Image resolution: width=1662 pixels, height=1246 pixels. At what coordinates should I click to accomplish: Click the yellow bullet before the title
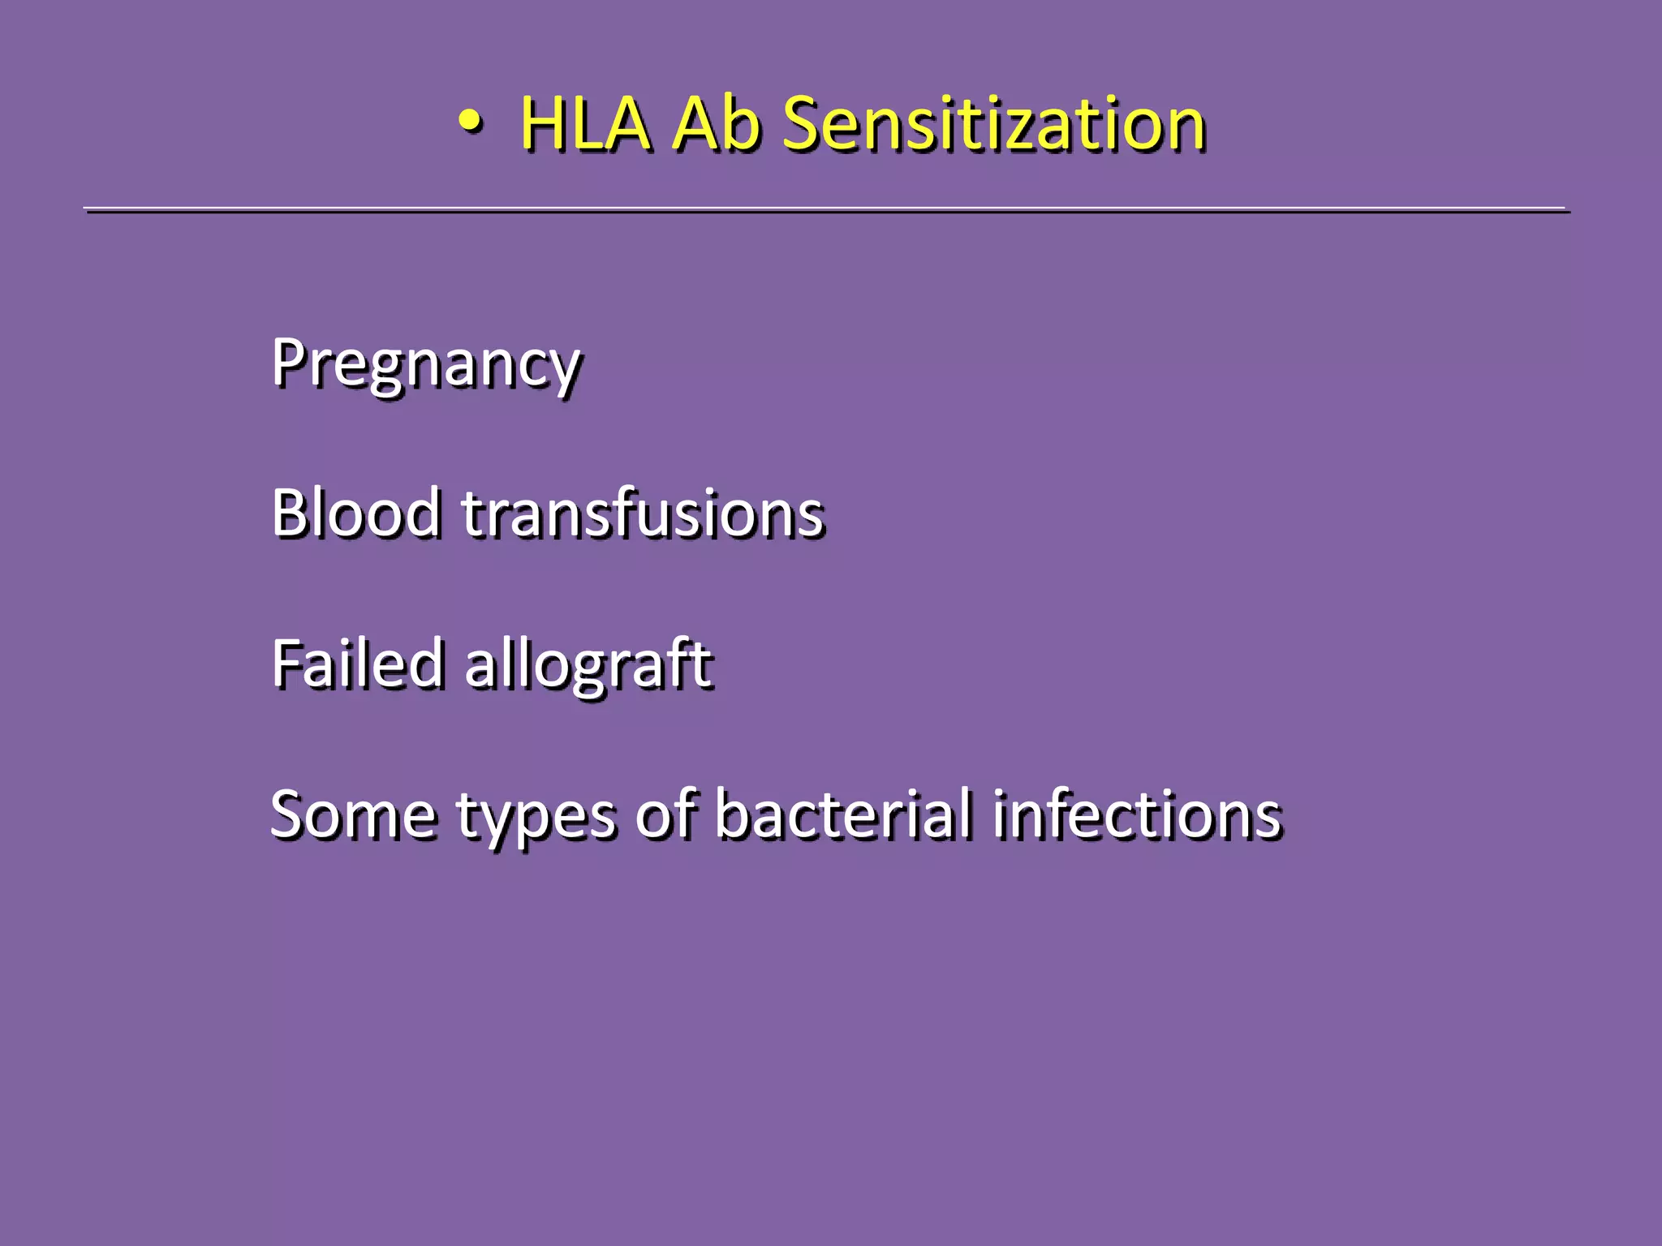click(471, 122)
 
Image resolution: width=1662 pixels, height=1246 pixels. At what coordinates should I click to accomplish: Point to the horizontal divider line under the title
click(826, 209)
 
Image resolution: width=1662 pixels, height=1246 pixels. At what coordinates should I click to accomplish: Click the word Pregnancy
click(426, 364)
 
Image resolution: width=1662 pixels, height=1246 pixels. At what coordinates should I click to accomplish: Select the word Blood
click(356, 513)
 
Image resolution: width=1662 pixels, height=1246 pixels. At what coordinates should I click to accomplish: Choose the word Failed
click(358, 664)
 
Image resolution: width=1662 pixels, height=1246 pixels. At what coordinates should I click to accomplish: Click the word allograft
click(588, 665)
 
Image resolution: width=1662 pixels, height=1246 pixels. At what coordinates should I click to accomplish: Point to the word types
click(536, 818)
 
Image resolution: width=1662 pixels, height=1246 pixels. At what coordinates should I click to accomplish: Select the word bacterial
click(843, 813)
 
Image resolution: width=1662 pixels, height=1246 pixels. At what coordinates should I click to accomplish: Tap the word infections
click(1137, 813)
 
